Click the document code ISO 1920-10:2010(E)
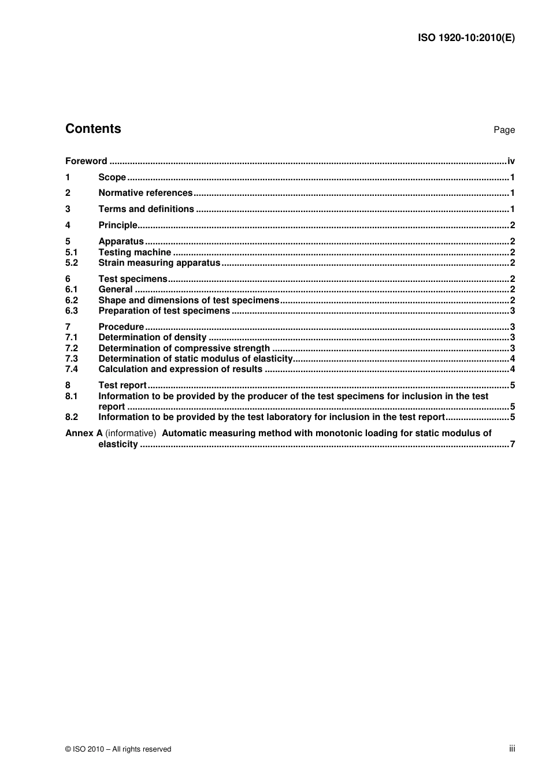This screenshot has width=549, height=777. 466,38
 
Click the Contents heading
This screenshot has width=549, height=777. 93,129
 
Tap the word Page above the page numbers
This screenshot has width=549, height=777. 504,130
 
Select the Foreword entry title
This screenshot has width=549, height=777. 86,161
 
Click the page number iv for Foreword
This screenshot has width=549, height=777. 511,161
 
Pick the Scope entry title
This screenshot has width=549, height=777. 112,177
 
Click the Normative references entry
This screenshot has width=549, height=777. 145,193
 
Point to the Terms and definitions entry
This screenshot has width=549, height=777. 146,209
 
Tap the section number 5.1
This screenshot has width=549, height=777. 71,252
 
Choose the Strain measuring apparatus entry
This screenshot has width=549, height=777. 159,263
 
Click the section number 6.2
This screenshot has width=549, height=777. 71,300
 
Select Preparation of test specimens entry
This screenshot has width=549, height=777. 164,311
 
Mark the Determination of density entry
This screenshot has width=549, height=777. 153,337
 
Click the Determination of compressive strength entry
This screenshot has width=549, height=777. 184,348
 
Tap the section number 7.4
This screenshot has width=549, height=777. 71,369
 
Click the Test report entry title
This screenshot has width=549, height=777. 123,385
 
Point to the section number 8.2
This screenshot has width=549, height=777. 71,417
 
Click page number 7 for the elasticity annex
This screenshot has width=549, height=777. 512,444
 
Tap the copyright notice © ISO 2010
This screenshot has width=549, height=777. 118,749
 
